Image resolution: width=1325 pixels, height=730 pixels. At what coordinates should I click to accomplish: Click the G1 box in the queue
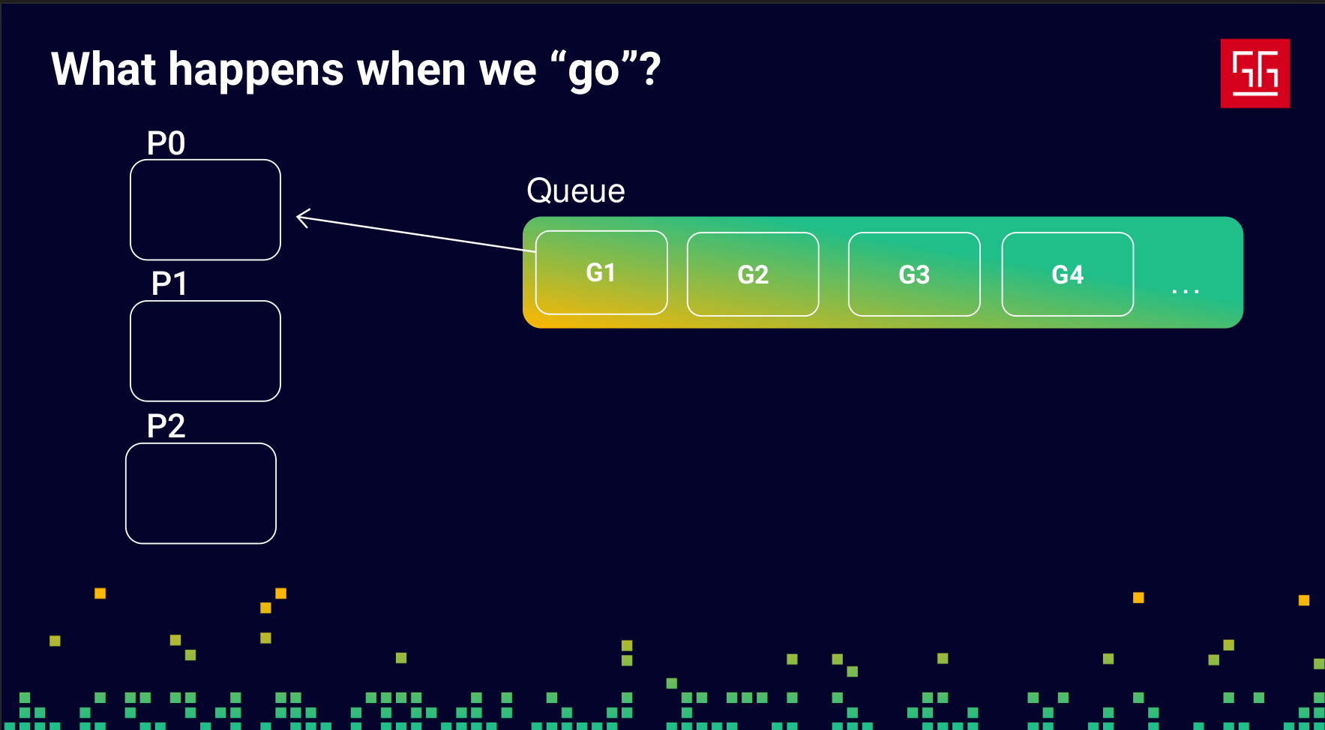[601, 272]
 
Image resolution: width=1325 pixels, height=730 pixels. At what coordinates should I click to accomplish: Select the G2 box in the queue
[753, 275]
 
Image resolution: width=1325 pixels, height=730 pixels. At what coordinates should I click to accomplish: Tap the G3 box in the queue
[914, 275]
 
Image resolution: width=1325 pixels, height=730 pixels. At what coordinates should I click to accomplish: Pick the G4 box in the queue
[1068, 275]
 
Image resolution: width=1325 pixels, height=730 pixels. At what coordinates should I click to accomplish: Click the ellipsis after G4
[1186, 291]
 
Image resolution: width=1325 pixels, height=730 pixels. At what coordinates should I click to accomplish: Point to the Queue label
[576, 191]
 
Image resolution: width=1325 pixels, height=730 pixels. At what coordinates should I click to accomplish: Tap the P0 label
[166, 143]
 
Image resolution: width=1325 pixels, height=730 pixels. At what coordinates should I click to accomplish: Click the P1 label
[169, 284]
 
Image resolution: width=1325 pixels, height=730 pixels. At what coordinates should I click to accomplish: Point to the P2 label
[166, 426]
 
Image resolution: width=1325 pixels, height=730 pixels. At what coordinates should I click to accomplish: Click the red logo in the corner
[1255, 74]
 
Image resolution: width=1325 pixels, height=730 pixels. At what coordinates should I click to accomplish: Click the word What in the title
[103, 69]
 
